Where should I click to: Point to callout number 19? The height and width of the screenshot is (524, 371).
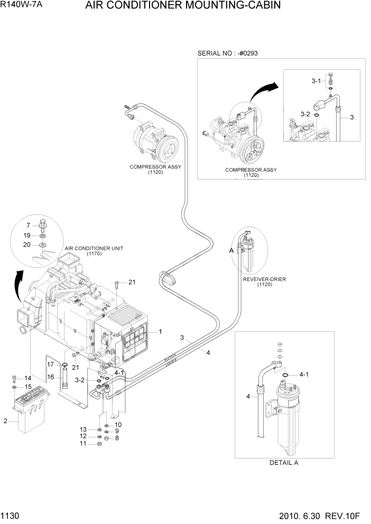pos(27,235)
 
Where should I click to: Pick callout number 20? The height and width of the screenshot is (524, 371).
pos(27,245)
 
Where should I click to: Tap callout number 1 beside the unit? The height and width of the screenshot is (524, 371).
pos(160,331)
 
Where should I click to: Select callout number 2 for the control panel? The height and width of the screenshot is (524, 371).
pos(6,420)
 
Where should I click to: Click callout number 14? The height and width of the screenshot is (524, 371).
pos(27,378)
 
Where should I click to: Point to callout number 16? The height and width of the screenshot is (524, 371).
pos(51,377)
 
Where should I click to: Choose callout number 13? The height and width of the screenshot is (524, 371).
pos(83,428)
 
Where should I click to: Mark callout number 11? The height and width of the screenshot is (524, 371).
pos(83,443)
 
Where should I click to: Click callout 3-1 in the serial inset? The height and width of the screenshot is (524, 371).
pos(316,81)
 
